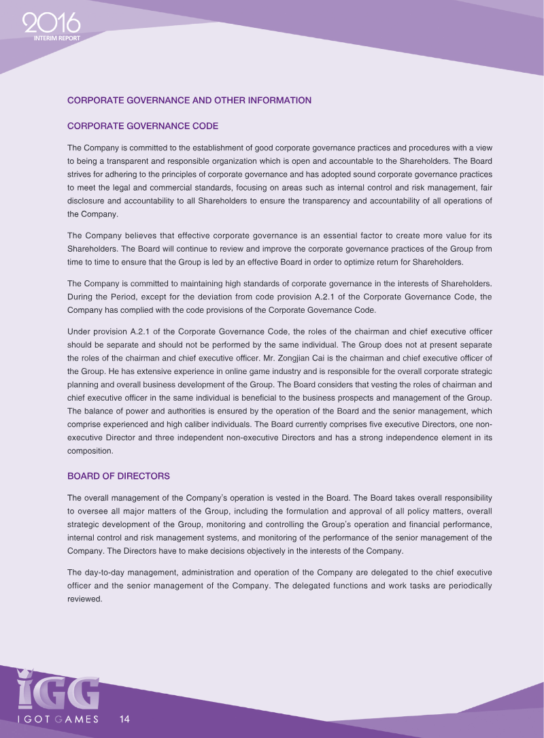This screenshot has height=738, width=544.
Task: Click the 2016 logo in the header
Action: (50, 25)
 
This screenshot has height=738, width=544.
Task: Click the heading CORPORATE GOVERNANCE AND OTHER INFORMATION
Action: (189, 100)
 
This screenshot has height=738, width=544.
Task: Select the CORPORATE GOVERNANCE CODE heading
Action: (142, 126)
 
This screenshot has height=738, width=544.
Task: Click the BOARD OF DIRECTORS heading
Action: (118, 475)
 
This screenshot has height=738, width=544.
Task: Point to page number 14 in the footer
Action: (124, 719)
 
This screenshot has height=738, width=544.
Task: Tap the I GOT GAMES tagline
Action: (58, 719)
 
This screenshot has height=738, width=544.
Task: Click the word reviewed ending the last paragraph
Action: (84, 599)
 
